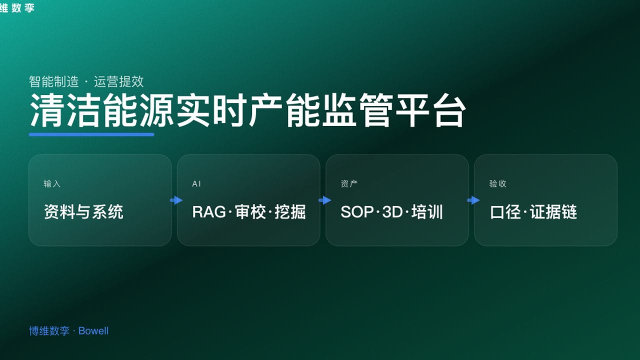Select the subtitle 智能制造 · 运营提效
tap(86, 81)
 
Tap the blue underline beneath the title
tap(91, 134)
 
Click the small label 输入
tap(52, 184)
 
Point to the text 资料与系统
tap(83, 212)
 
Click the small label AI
tap(196, 184)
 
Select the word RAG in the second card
tap(209, 212)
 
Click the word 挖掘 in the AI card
tap(290, 212)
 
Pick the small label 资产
tap(349, 184)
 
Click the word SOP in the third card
tap(357, 212)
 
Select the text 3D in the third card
tap(392, 212)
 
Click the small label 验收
tap(497, 184)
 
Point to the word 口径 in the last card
tap(506, 212)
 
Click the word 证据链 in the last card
tap(553, 212)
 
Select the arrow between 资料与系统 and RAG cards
tap(176, 200)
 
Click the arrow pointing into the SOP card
tap(324, 200)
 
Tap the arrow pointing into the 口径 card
tap(473, 200)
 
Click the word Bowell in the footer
tap(93, 331)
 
